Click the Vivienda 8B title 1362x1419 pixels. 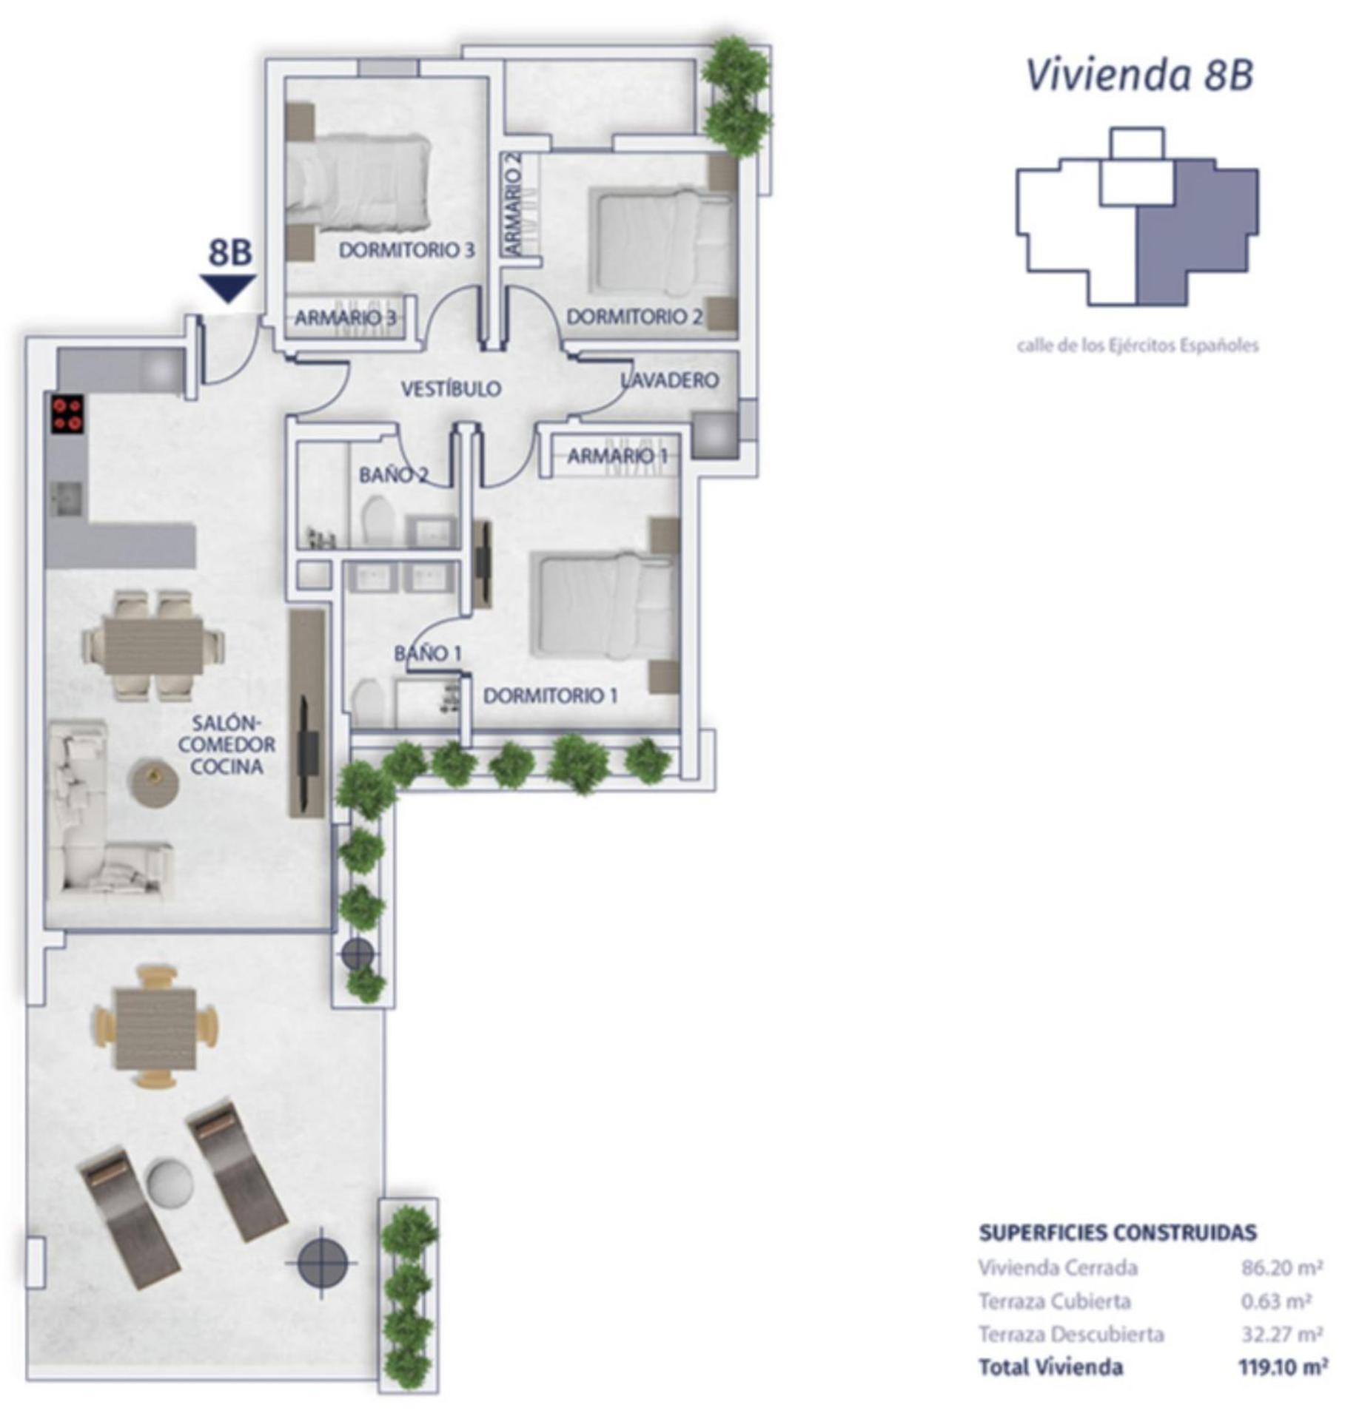[x=1139, y=75]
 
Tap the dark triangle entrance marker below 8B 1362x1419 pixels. [x=228, y=287]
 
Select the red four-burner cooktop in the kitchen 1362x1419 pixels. [x=67, y=414]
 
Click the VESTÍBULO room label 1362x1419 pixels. [x=451, y=388]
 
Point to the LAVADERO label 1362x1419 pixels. [x=670, y=380]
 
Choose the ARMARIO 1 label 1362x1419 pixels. [x=617, y=456]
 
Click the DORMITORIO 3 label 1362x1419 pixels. [x=406, y=250]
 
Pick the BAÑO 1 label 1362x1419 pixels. [x=428, y=653]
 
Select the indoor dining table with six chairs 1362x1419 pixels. [x=153, y=645]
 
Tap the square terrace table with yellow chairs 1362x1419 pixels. [x=155, y=1028]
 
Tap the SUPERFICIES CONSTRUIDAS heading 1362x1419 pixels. [x=1118, y=1233]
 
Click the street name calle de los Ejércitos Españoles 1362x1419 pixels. [x=1138, y=345]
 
